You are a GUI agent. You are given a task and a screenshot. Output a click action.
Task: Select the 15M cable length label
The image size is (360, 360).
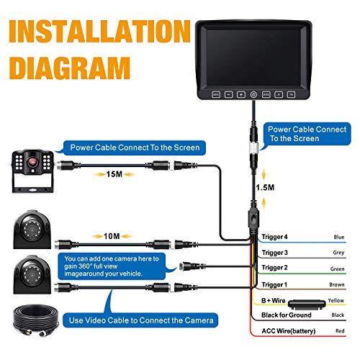[112, 173]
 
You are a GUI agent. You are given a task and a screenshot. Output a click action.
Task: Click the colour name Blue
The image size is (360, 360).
[339, 236]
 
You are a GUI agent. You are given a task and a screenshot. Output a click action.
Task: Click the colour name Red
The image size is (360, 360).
[340, 333]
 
